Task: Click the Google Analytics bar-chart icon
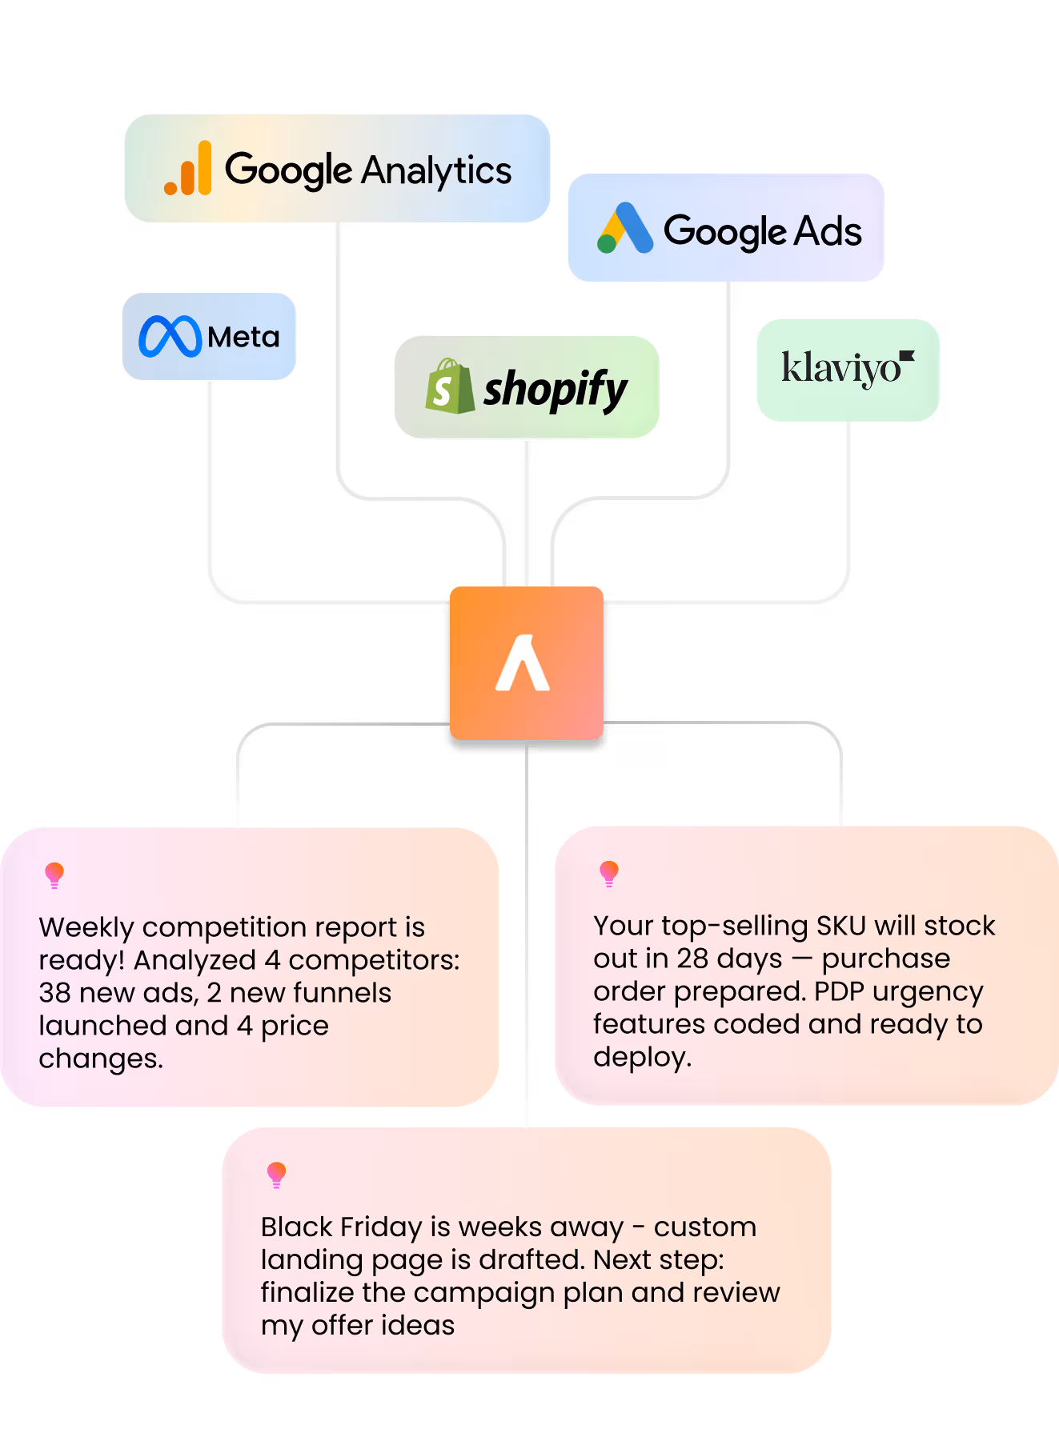pos(188,169)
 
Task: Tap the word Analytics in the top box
pos(436,170)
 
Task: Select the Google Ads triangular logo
pos(625,229)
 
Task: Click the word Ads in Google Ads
pos(828,231)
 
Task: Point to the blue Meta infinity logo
pos(170,336)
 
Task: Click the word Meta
pos(243,337)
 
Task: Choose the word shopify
pos(555,390)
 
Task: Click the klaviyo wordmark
pos(840,368)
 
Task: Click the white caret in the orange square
pos(523,663)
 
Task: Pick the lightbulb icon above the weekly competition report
pos(54,875)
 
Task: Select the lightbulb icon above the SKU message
pos(609,873)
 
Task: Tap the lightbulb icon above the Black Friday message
pos(276,1174)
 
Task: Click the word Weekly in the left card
pos(86,927)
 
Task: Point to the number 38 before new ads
pos(54,993)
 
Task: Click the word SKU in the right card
pos(841,926)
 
